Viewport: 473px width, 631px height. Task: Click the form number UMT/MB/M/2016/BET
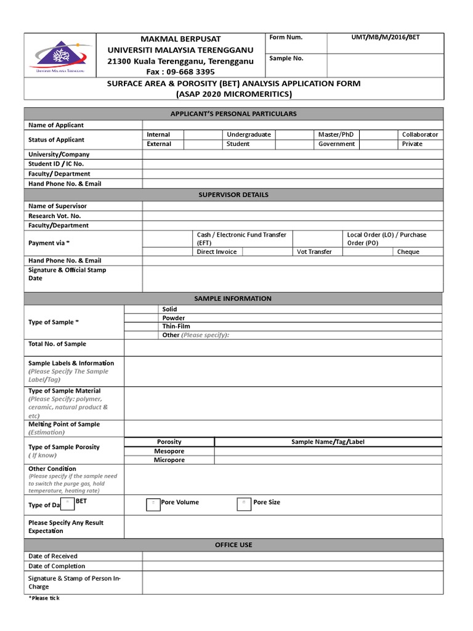pyautogui.click(x=386, y=38)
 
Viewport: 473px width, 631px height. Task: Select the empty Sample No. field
pyautogui.click(x=384, y=64)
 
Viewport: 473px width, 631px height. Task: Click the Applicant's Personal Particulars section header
pyautogui.click(x=233, y=114)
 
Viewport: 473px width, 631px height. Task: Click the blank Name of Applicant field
pyautogui.click(x=292, y=125)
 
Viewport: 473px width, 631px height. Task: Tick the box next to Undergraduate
pyautogui.click(x=294, y=134)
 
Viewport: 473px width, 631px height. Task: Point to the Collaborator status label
pyautogui.click(x=420, y=134)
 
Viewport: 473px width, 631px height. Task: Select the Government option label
pyautogui.click(x=336, y=144)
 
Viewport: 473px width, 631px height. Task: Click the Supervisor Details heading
pyautogui.click(x=233, y=195)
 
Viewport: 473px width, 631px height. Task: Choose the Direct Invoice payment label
pyautogui.click(x=216, y=251)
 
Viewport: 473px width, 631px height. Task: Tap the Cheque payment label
pyautogui.click(x=408, y=251)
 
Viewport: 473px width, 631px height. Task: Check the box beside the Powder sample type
pyautogui.click(x=141, y=318)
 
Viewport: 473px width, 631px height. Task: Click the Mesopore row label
pyautogui.click(x=169, y=451)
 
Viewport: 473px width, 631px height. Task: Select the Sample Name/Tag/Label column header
pyautogui.click(x=328, y=442)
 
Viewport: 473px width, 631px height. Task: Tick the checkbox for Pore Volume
pyautogui.click(x=153, y=504)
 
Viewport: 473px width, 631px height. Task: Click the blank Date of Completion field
pyautogui.click(x=292, y=566)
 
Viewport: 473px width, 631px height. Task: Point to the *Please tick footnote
pyautogui.click(x=44, y=598)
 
